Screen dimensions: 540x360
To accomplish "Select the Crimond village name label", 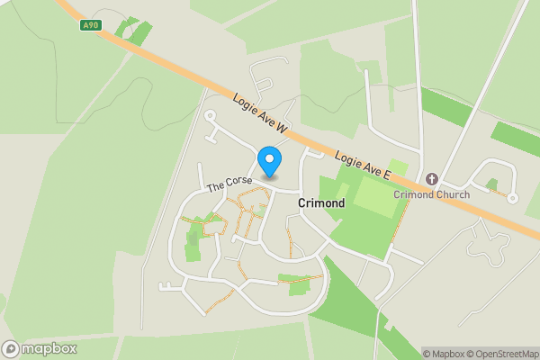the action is pos(321,204).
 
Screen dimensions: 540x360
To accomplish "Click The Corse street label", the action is pos(229,184).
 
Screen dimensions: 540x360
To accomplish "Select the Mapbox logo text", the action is pos(49,349).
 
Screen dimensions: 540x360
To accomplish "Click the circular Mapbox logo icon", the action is pos(11,349).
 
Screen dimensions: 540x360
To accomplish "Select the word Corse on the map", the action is pos(238,182).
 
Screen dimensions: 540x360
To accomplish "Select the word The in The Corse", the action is pos(216,188).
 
